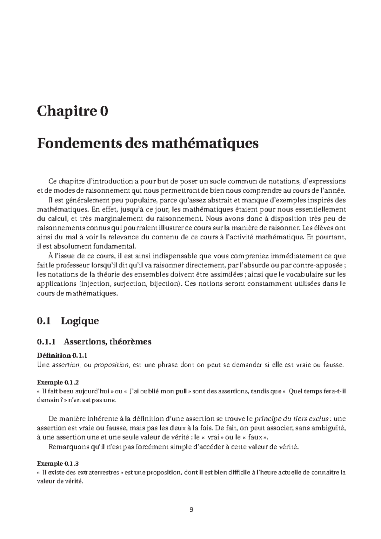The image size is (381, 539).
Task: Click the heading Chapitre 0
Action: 73,112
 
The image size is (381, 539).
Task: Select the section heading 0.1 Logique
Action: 68,321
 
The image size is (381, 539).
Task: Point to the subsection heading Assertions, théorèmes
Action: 107,342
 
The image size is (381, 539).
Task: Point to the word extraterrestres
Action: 98,472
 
